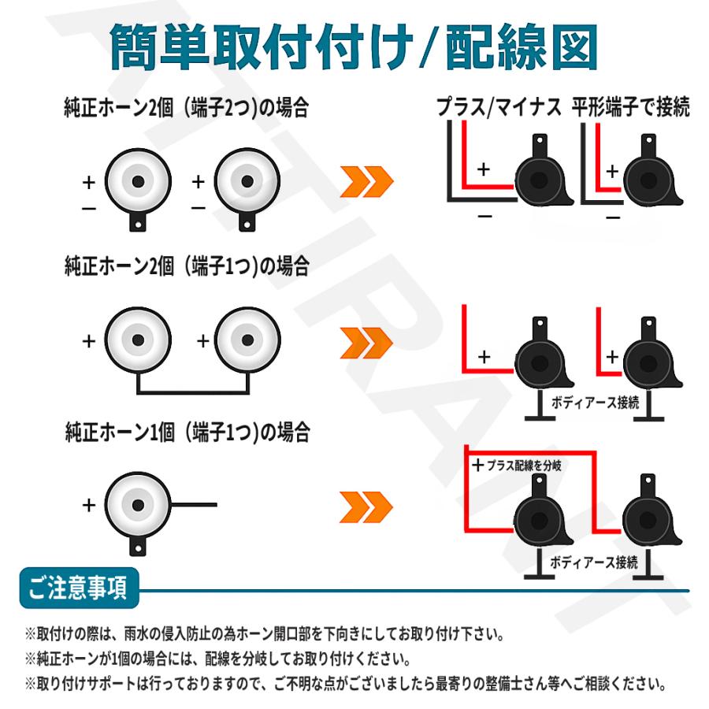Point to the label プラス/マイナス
pos(499,108)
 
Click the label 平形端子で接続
pos(631,108)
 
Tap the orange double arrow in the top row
pos(366,183)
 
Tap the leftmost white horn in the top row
pos(138,181)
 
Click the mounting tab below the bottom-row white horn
pos(138,544)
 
